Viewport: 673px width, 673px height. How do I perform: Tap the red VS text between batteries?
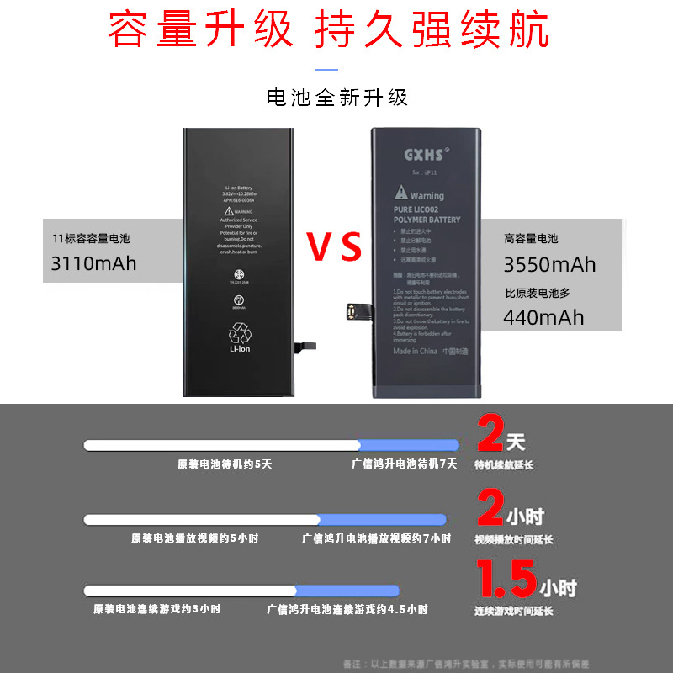(334, 247)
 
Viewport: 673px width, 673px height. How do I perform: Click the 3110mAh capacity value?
(94, 263)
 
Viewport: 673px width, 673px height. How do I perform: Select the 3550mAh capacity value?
(549, 264)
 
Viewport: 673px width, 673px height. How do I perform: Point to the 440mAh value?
(543, 317)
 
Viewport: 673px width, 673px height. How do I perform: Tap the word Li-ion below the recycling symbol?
(241, 348)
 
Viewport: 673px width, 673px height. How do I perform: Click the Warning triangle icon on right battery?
(401, 195)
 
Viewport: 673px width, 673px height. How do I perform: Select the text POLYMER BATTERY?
(427, 220)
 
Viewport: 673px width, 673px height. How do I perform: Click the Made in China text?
(414, 352)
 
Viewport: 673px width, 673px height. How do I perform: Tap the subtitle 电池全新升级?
(336, 98)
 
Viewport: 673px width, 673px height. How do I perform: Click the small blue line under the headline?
(326, 70)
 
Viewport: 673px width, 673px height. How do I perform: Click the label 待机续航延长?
(504, 465)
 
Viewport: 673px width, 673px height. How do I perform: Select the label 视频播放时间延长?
(514, 539)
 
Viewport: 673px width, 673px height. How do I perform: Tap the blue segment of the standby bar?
(409, 445)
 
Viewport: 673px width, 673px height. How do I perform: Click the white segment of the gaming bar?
(190, 591)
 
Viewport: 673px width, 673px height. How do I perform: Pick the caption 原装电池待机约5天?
(225, 464)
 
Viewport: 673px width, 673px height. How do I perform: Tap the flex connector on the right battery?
(348, 313)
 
